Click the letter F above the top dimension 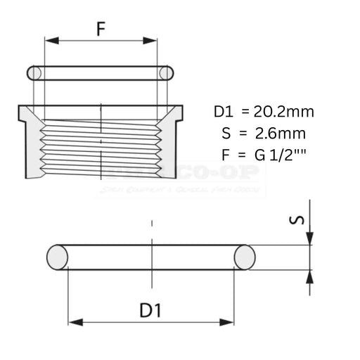101,30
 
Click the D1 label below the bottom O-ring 151,309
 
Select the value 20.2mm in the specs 283,111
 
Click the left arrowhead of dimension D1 72,323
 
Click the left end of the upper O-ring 32,72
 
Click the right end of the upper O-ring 166,72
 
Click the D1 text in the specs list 223,111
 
